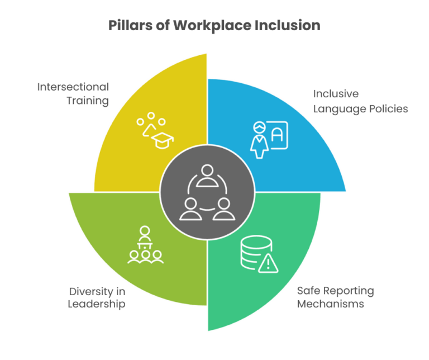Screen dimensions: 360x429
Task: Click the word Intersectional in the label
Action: [x=73, y=87]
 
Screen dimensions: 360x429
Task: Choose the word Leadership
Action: [x=96, y=305]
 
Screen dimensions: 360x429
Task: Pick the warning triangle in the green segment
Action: [x=269, y=263]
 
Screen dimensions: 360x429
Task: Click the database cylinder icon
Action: [x=251, y=253]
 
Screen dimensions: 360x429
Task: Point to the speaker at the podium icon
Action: [x=145, y=235]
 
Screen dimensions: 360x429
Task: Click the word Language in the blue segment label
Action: [x=335, y=108]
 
